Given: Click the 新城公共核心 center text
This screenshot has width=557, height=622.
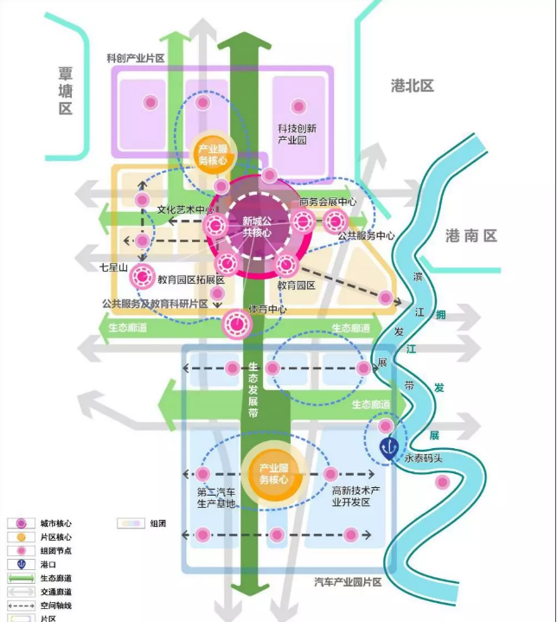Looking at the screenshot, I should [x=257, y=227].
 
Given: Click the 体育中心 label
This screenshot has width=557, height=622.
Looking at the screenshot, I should [x=268, y=309].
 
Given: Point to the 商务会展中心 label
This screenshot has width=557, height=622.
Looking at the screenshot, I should [x=328, y=202].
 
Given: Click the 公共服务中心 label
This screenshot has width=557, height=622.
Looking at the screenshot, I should [x=367, y=235].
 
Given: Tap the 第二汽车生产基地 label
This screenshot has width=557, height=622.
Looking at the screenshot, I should [x=216, y=498].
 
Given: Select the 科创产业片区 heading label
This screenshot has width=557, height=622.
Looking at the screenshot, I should [x=136, y=57].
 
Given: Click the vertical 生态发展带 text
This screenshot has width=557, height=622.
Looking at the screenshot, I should [x=254, y=390].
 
